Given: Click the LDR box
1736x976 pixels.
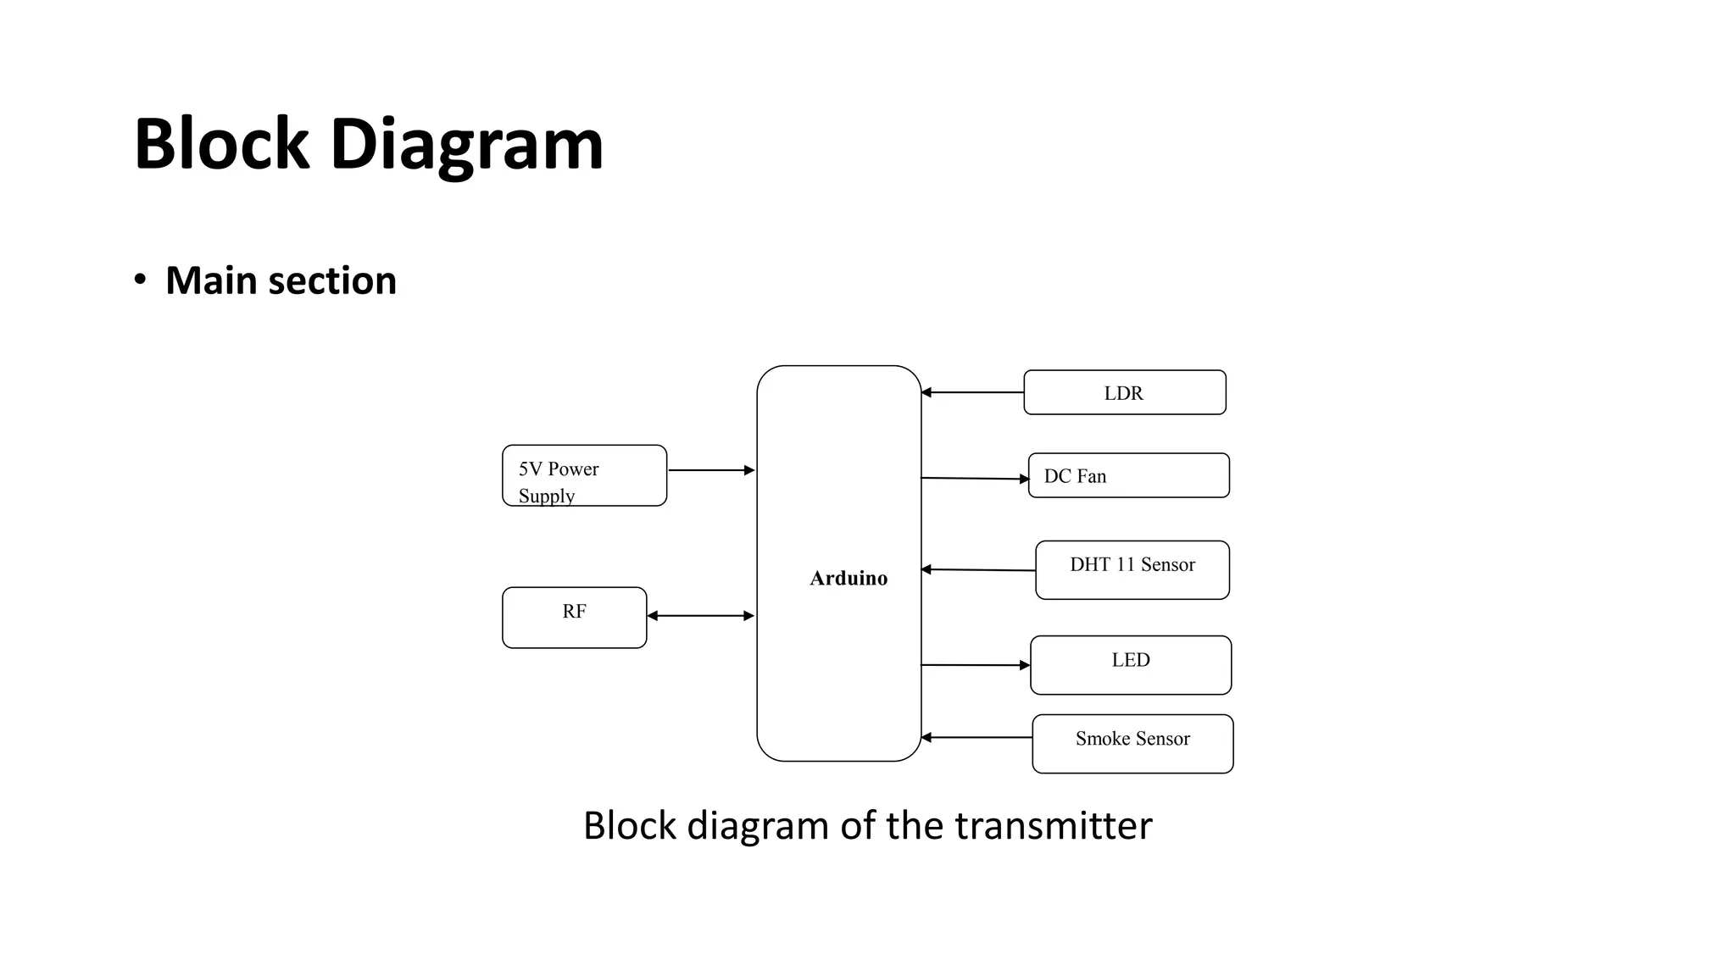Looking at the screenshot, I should click(1124, 392).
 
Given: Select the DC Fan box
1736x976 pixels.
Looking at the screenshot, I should click(1128, 475).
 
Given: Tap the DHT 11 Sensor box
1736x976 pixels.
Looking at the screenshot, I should click(1132, 569).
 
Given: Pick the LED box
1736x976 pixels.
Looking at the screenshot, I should click(1131, 665).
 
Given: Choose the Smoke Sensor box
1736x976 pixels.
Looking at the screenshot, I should click(1132, 743).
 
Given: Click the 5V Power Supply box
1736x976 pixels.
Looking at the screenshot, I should click(584, 475).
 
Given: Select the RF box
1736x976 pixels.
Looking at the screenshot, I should click(574, 617).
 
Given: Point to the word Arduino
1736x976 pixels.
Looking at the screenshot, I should click(849, 578).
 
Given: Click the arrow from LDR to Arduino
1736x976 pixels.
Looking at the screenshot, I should click(972, 392).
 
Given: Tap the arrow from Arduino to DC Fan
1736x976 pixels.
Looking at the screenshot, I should click(975, 479).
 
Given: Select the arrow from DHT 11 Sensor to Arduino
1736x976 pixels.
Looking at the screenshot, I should click(978, 570).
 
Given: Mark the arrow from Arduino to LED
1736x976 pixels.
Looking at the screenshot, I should click(976, 665).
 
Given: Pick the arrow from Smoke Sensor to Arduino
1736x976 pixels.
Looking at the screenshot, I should click(976, 737).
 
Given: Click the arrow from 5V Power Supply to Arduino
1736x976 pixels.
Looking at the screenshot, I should click(711, 470).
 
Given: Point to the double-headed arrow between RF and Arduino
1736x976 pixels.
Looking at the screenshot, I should click(700, 616).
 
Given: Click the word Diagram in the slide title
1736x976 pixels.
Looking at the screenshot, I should click(466, 144).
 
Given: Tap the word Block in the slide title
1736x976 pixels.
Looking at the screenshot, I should click(221, 144).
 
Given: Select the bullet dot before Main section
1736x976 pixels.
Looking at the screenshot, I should click(140, 280).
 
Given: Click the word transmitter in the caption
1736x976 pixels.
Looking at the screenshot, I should click(1053, 825).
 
